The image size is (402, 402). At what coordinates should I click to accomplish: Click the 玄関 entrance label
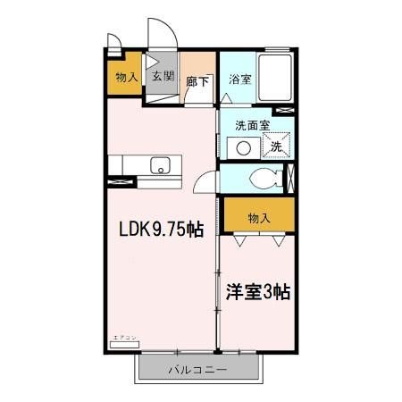pyautogui.click(x=162, y=77)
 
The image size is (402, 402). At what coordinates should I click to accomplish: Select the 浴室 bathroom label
pyautogui.click(x=239, y=78)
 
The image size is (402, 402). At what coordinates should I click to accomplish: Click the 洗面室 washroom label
pyautogui.click(x=254, y=126)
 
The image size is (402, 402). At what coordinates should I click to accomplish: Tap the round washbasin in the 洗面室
pyautogui.click(x=241, y=147)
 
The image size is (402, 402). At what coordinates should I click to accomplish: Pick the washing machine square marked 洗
pyautogui.click(x=276, y=146)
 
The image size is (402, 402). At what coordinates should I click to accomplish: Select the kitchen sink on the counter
pyautogui.click(x=160, y=164)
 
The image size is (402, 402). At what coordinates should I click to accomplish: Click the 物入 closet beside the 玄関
pyautogui.click(x=126, y=78)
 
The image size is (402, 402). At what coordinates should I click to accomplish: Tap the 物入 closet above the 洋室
pyautogui.click(x=258, y=217)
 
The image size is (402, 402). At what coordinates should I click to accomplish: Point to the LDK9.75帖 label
pyautogui.click(x=162, y=229)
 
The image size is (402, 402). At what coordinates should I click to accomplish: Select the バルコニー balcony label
pyautogui.click(x=197, y=369)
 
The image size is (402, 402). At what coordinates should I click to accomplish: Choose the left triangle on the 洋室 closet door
pyautogui.click(x=239, y=240)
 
